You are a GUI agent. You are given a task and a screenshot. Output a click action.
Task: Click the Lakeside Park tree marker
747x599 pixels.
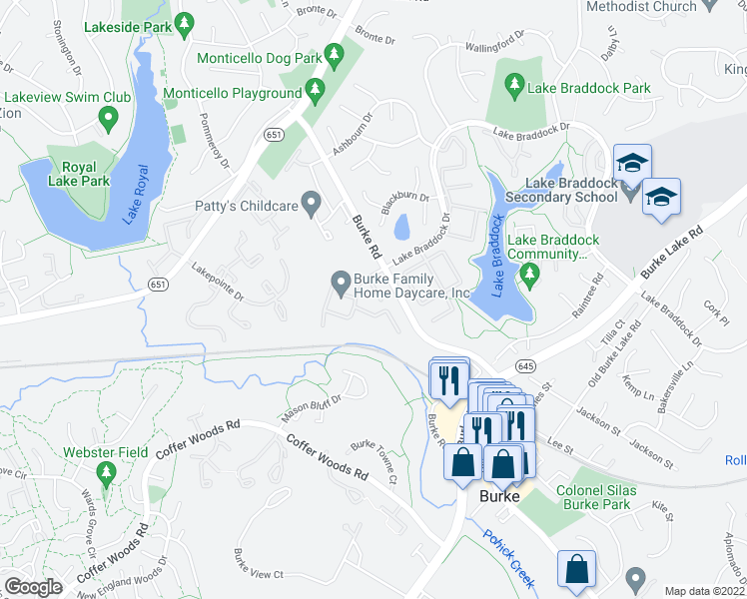(184, 22)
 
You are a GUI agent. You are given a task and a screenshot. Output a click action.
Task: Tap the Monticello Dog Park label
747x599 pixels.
(259, 58)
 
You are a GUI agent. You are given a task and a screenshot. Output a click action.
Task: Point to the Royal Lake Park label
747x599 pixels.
(79, 175)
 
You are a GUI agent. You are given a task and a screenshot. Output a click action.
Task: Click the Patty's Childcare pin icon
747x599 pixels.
(313, 207)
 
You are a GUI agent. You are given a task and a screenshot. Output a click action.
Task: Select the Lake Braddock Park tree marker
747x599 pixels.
(515, 88)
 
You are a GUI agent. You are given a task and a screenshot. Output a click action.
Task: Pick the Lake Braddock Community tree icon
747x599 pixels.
(528, 278)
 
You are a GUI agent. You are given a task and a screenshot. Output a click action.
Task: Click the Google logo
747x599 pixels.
(33, 587)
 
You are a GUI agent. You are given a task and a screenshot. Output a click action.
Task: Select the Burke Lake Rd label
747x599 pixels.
(672, 251)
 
